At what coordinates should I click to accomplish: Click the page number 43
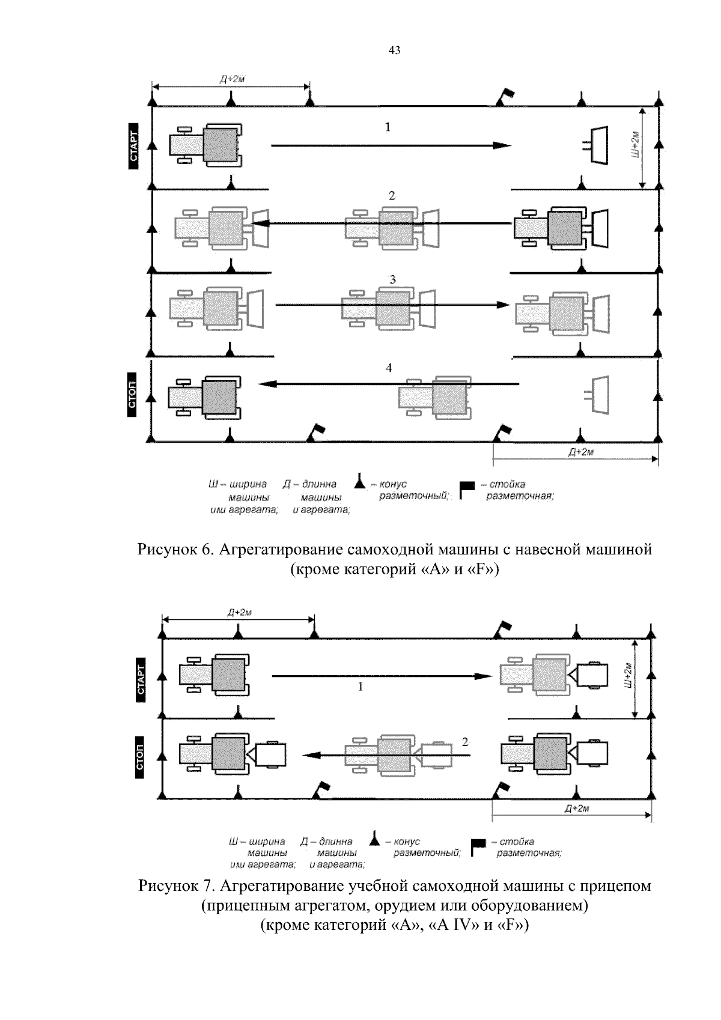click(394, 51)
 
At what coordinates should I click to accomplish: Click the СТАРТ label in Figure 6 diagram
click(133, 146)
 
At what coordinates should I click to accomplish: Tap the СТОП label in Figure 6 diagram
click(133, 395)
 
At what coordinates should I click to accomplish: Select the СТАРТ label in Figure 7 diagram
click(141, 679)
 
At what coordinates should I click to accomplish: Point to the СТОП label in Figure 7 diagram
click(140, 757)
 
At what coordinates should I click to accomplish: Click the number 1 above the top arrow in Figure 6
click(388, 127)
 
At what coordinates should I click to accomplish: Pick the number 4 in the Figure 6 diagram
click(389, 368)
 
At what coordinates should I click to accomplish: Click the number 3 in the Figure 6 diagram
click(392, 279)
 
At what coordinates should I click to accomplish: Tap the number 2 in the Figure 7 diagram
click(465, 742)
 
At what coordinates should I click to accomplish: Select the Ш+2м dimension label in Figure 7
click(628, 676)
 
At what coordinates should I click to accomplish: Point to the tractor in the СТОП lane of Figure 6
click(204, 398)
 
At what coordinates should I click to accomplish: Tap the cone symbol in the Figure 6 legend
click(360, 481)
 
